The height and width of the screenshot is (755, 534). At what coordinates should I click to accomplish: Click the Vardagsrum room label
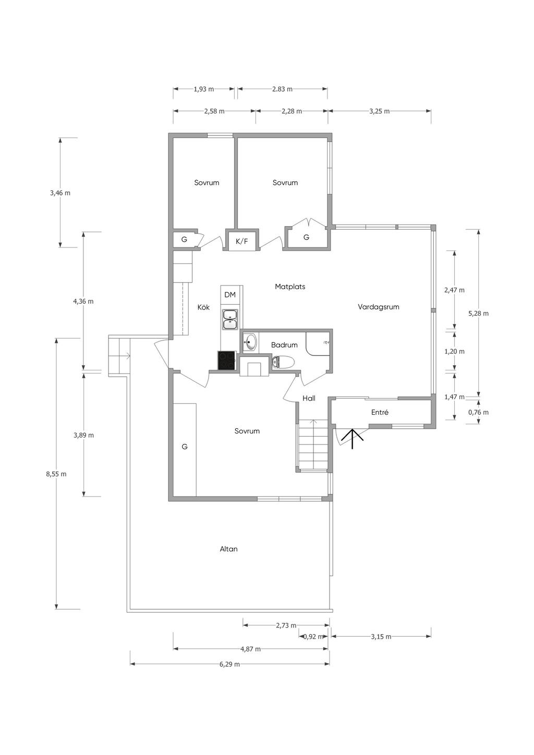click(x=378, y=307)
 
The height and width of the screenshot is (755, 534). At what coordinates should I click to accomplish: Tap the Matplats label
click(x=290, y=287)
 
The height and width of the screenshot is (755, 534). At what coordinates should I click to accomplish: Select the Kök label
click(x=203, y=307)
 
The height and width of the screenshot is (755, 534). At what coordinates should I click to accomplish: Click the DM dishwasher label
click(x=230, y=295)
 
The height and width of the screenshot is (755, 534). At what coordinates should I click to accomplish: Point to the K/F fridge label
click(x=242, y=241)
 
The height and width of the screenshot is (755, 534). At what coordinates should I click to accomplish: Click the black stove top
click(x=227, y=361)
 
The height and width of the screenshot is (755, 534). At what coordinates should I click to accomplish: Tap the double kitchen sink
click(x=230, y=319)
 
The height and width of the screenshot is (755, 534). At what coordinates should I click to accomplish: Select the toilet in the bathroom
click(x=283, y=362)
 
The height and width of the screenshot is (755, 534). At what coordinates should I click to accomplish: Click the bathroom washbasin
click(x=250, y=342)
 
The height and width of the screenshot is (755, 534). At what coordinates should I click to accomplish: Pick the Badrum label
click(x=284, y=345)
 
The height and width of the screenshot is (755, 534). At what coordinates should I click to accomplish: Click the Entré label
click(x=380, y=412)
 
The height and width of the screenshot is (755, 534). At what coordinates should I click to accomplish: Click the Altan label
click(x=229, y=549)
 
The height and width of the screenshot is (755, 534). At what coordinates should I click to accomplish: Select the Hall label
click(x=309, y=399)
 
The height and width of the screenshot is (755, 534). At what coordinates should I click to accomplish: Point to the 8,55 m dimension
click(x=56, y=474)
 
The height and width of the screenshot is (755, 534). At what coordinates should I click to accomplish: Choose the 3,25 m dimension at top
click(x=380, y=111)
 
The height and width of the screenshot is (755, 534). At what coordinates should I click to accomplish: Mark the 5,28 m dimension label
click(x=478, y=314)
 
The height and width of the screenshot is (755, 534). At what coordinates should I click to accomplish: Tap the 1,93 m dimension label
click(x=204, y=89)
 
